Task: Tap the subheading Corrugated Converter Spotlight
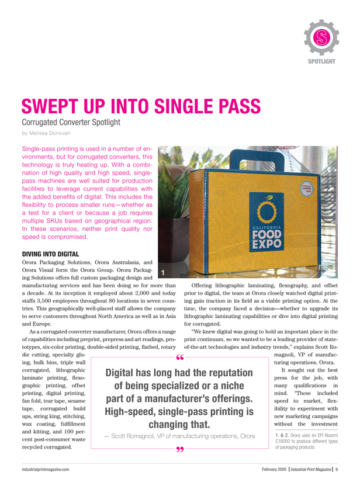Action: [x=70, y=123]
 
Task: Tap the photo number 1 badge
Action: [x=164, y=273]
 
